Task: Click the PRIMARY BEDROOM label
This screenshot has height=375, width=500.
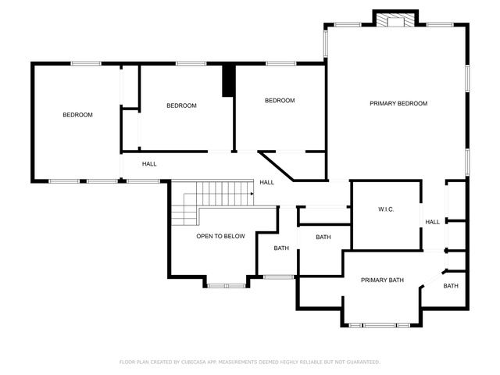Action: pyautogui.click(x=398, y=103)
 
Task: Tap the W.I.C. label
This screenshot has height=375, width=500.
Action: pyautogui.click(x=386, y=209)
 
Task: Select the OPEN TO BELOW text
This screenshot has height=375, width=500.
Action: pyautogui.click(x=220, y=236)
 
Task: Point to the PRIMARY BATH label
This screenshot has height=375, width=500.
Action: pyautogui.click(x=382, y=280)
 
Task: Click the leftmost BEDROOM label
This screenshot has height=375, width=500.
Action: pyautogui.click(x=77, y=115)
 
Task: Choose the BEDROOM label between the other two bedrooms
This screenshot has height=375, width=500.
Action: pyautogui.click(x=181, y=105)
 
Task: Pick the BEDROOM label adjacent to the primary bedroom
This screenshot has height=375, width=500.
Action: pyautogui.click(x=279, y=100)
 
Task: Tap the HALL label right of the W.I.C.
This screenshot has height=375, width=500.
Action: pyautogui.click(x=432, y=222)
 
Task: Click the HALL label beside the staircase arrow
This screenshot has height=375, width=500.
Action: pyautogui.click(x=266, y=182)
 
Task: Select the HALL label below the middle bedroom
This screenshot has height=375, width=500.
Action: pyautogui.click(x=149, y=164)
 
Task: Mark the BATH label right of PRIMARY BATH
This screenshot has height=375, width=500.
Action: pyautogui.click(x=451, y=286)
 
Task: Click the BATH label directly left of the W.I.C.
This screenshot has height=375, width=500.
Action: pyautogui.click(x=323, y=237)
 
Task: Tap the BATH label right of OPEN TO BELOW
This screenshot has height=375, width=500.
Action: pyautogui.click(x=281, y=248)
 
